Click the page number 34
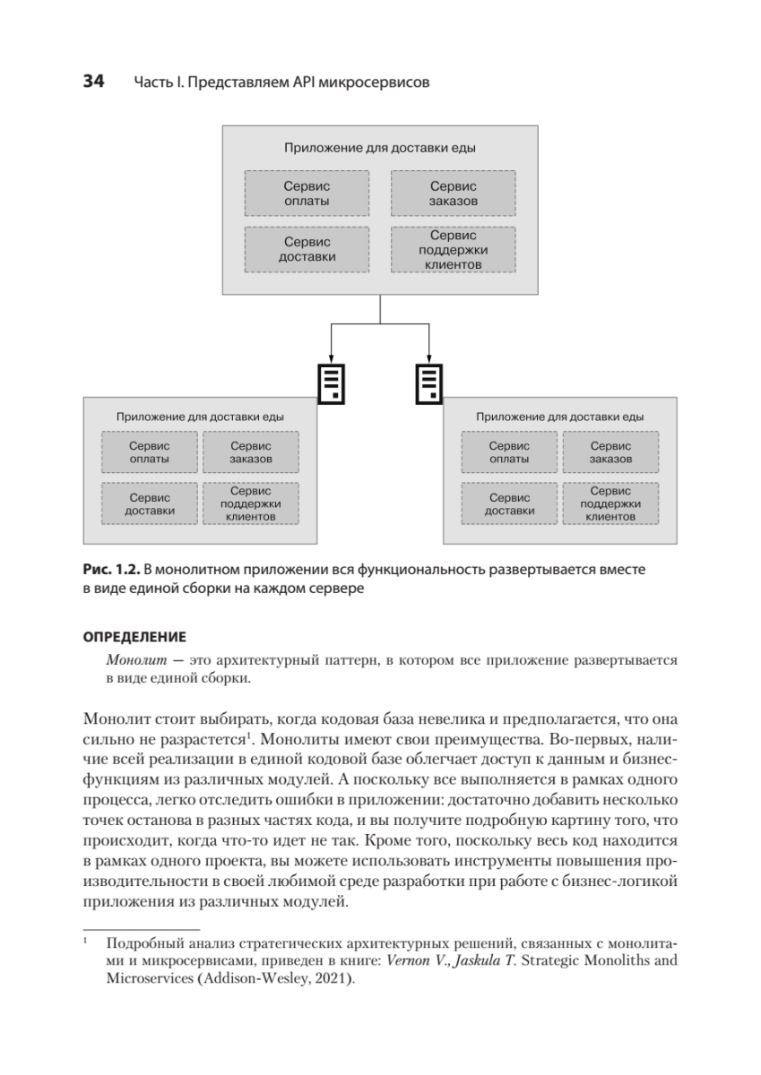93,82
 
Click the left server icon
332,383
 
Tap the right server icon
428,383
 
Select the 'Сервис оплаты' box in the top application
307,193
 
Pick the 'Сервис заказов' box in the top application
453,193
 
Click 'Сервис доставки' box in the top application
307,249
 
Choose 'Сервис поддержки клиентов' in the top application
453,250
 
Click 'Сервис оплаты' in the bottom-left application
150,452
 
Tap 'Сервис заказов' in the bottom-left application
251,452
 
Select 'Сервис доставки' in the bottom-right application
509,503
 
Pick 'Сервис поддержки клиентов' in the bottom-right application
610,503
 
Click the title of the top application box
380,148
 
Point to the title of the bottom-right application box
560,417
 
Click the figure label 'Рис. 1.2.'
112,570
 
